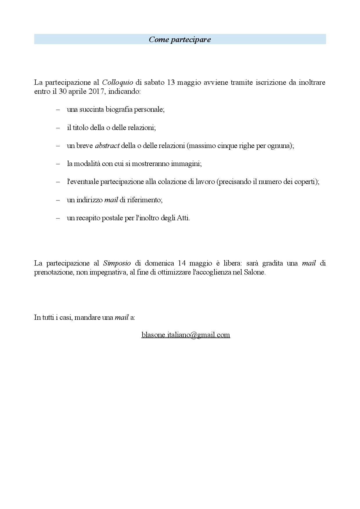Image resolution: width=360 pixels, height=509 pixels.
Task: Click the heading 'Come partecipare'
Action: pyautogui.click(x=180, y=39)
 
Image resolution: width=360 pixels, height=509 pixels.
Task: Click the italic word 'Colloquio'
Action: pyautogui.click(x=118, y=82)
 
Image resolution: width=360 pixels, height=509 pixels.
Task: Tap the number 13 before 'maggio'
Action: pyautogui.click(x=171, y=82)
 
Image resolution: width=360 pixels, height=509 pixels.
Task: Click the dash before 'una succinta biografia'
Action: pyautogui.click(x=58, y=110)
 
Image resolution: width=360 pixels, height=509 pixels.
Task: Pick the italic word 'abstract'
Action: pyautogui.click(x=107, y=146)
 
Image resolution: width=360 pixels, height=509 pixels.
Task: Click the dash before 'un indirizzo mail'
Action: pyautogui.click(x=58, y=200)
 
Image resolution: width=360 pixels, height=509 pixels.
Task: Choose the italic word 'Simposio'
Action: pyautogui.click(x=117, y=263)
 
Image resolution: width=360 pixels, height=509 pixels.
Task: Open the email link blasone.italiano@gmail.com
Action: pyautogui.click(x=186, y=335)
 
